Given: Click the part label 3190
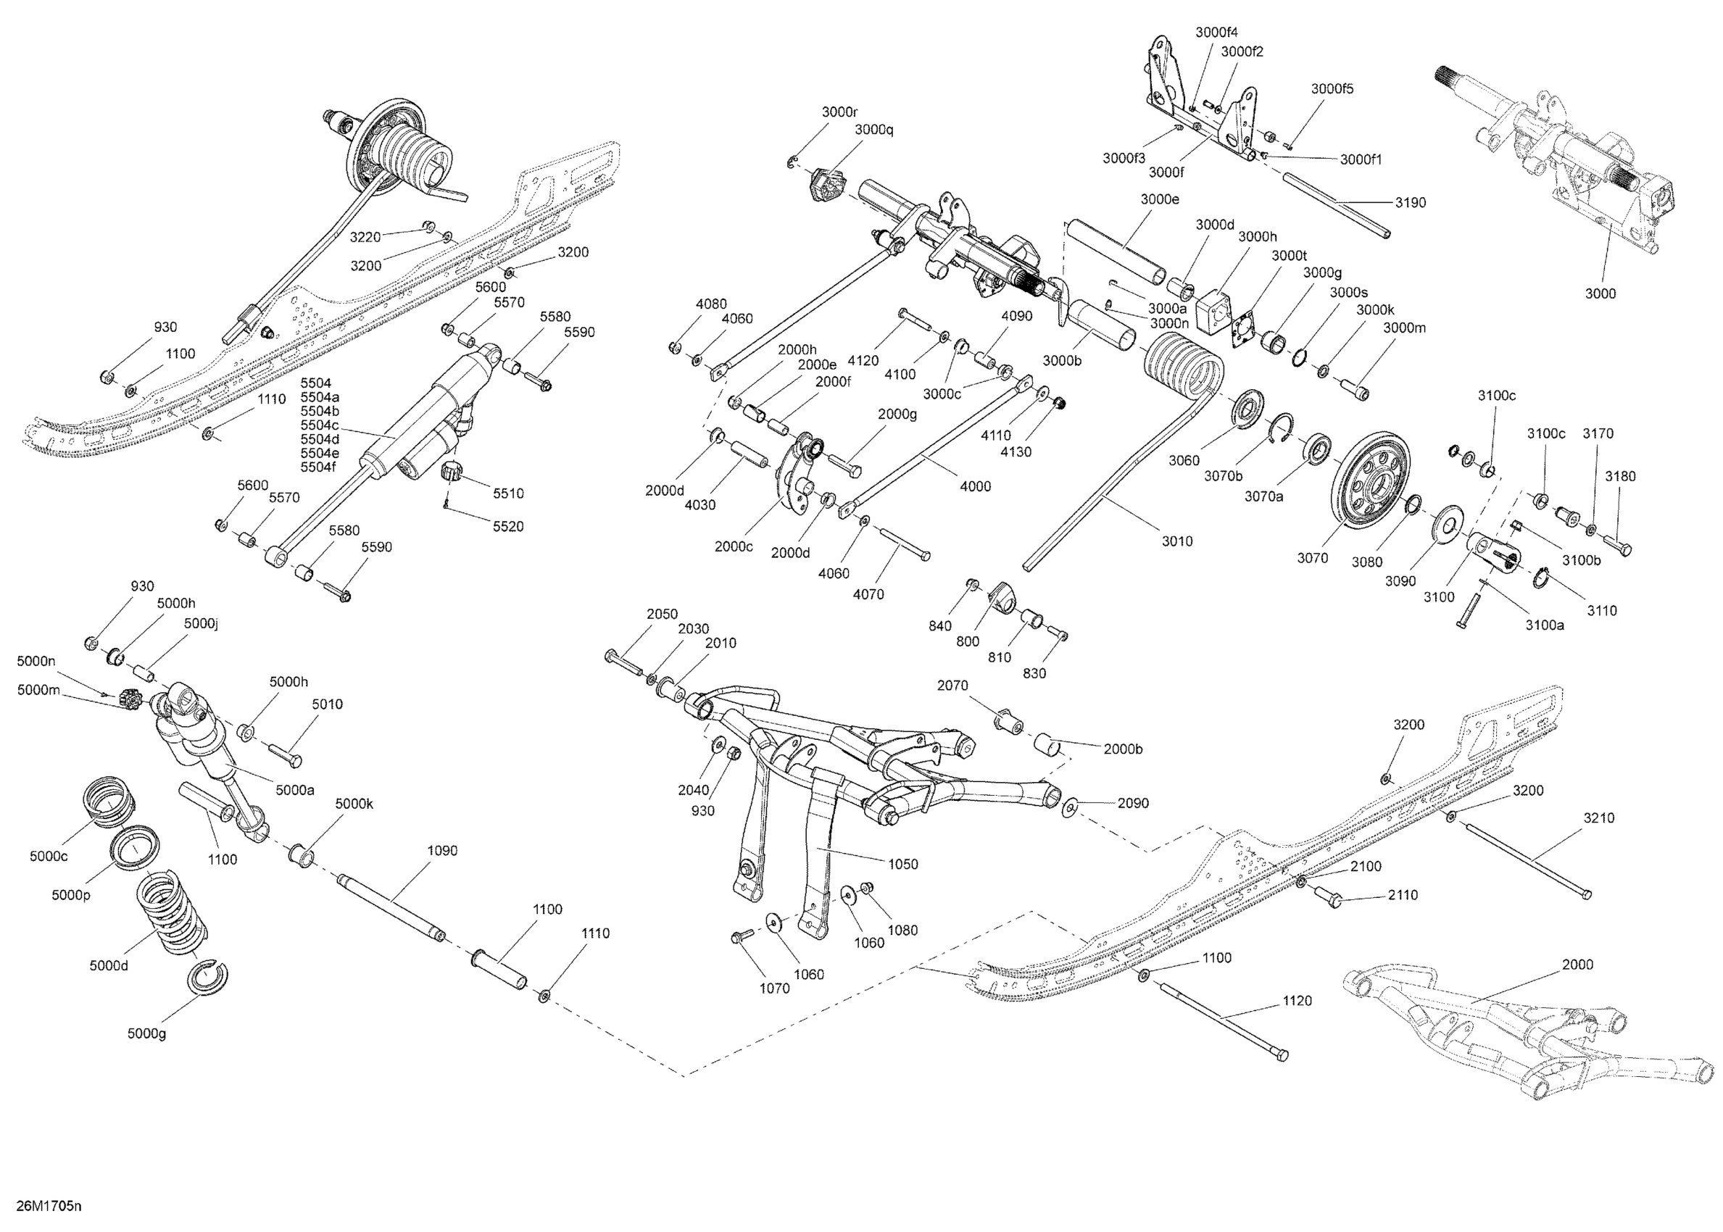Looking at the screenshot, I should [1411, 202].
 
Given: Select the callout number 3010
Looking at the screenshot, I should [1176, 541].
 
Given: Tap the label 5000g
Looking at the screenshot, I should [146, 1033].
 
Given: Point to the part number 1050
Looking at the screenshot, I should [903, 864].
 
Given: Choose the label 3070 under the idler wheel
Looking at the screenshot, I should [1312, 557].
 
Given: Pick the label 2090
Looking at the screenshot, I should [1133, 804].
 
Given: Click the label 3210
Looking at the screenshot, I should [1598, 817].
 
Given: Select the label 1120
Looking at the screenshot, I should [1297, 1001].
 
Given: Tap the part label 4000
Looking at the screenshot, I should [975, 486].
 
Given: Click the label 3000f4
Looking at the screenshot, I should [1216, 32].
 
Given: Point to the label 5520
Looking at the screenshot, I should [507, 526].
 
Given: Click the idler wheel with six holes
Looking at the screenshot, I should [1372, 475].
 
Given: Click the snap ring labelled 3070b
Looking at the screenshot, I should [1282, 426].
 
